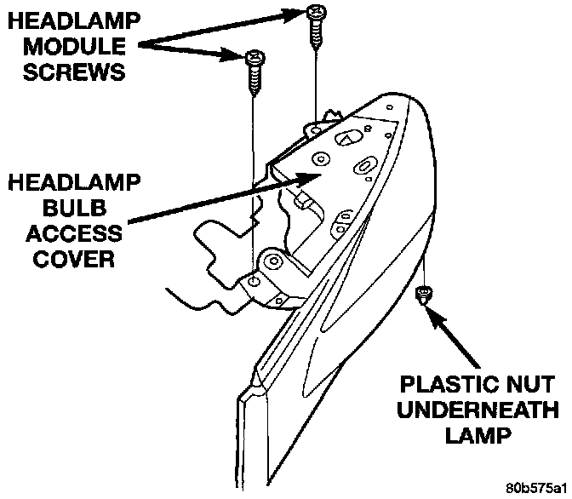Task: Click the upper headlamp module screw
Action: point(316,21)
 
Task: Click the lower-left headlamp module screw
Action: point(253,67)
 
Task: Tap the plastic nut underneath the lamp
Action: point(423,295)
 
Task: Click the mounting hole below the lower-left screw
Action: point(255,281)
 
